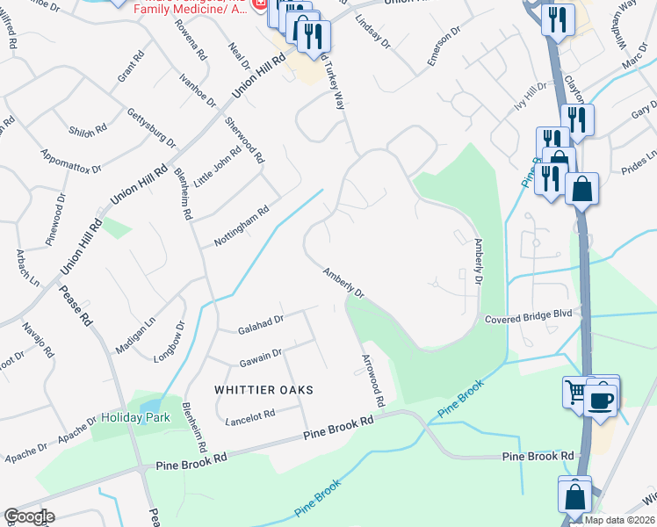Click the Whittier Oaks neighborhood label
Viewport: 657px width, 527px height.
point(264,388)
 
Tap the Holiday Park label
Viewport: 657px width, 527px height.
point(134,417)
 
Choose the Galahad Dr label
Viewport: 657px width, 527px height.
point(261,325)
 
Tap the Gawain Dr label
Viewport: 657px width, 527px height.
point(259,357)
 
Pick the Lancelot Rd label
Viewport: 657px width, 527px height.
point(250,418)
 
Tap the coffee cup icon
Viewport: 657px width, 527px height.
point(601,401)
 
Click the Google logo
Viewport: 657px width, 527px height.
point(29,516)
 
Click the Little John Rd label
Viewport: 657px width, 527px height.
point(214,163)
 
